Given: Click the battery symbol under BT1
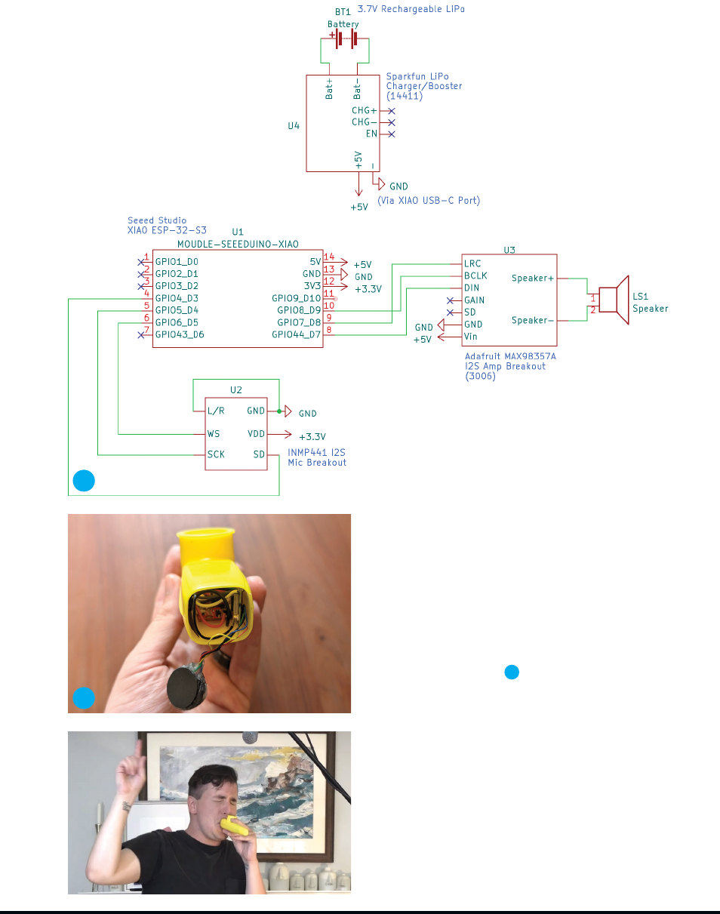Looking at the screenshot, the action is [345, 39].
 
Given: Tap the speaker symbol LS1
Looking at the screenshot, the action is [614, 300].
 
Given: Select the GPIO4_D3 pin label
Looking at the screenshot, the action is [177, 298].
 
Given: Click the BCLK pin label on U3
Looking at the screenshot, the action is [475, 275].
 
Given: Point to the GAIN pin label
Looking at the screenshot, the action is [474, 300].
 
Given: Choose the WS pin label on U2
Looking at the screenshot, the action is [214, 434].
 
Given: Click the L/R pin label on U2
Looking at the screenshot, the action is [216, 411].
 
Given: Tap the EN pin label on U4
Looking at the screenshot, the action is [371, 134].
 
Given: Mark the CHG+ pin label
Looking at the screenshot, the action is [364, 110].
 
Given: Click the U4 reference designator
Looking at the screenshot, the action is [294, 126].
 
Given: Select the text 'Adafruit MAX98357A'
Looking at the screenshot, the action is [510, 356].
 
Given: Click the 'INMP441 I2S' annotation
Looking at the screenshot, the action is [316, 452].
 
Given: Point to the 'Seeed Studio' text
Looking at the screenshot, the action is [157, 220].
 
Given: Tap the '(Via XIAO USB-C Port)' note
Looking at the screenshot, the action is [429, 201].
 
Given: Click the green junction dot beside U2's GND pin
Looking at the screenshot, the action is [279, 411].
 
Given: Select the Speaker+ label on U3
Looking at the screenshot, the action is [533, 279].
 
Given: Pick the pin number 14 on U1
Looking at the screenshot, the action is [329, 257].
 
